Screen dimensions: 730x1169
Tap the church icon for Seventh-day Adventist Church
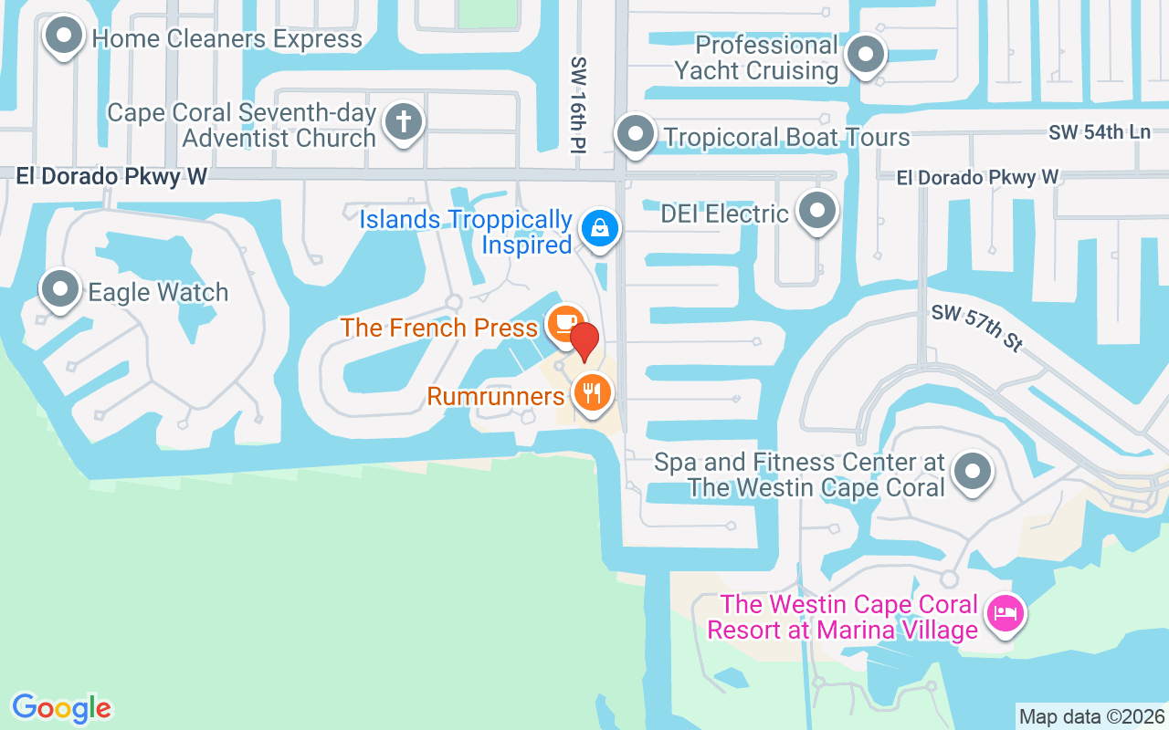403,121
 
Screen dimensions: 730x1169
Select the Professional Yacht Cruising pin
864,56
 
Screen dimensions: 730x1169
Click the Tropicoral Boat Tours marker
635,135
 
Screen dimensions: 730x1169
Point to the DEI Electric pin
816,211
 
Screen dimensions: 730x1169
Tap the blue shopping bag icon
599,228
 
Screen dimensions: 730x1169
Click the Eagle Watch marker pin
61,289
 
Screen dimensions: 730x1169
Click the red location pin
584,340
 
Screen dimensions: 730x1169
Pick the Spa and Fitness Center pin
972,472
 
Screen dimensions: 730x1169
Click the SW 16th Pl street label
578,105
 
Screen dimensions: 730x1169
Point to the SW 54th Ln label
1099,132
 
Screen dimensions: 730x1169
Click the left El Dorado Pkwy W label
111,176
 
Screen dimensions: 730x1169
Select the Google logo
62,708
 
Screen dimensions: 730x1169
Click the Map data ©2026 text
1091,716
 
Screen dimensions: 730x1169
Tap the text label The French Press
439,328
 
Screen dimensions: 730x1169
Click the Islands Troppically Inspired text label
466,232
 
